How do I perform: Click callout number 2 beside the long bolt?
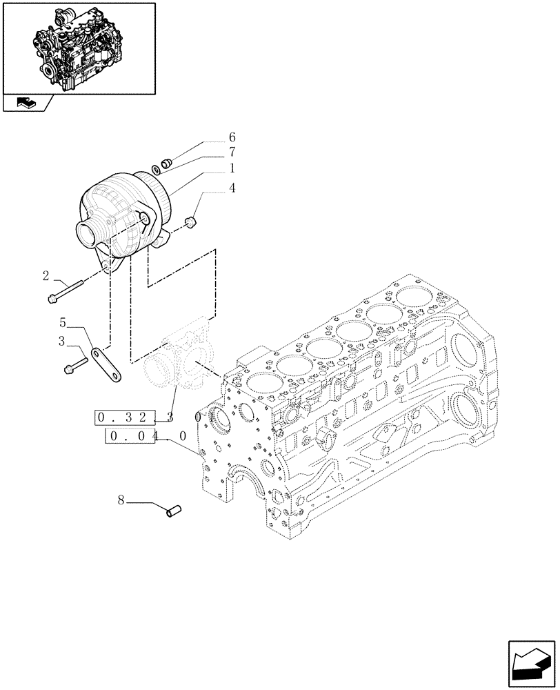tap(46, 277)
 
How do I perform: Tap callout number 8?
tap(121, 501)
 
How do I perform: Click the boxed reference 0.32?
tap(126, 417)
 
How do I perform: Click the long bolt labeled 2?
tap(66, 290)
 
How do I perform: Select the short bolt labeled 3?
tap(75, 364)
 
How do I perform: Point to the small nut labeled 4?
tap(192, 221)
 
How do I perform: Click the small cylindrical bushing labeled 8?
tap(174, 511)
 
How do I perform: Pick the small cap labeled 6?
tap(166, 164)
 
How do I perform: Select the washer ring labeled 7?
tap(158, 169)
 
